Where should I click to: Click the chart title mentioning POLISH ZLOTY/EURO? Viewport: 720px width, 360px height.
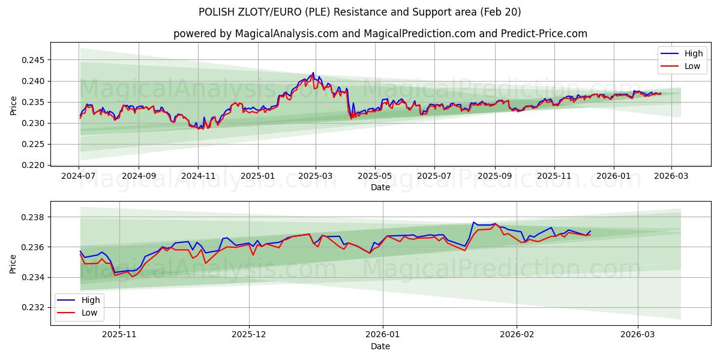359,12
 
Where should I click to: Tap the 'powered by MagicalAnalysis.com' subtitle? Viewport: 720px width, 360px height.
380,34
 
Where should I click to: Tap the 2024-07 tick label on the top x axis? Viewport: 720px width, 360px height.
79,176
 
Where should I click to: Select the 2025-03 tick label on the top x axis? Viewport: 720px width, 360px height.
316,176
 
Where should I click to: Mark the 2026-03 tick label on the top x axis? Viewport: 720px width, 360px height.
671,176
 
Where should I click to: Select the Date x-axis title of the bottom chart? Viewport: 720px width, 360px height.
380,346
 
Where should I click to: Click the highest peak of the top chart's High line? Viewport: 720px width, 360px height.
313,73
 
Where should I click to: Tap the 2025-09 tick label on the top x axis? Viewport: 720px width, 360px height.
495,176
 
